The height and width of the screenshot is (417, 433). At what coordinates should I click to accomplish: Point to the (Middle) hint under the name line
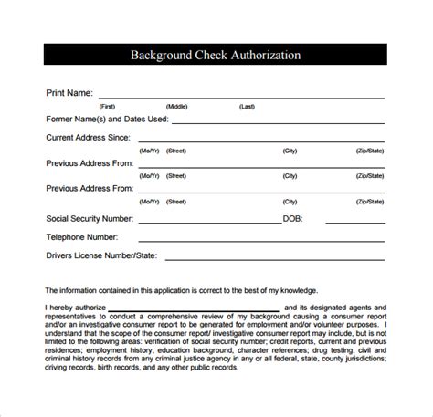click(176, 107)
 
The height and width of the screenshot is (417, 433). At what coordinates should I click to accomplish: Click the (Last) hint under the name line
click(247, 107)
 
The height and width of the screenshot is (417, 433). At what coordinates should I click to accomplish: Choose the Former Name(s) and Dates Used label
click(106, 119)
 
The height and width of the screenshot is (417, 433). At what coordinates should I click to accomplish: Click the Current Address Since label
click(89, 139)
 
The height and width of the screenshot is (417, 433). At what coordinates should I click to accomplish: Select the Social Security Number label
click(90, 219)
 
